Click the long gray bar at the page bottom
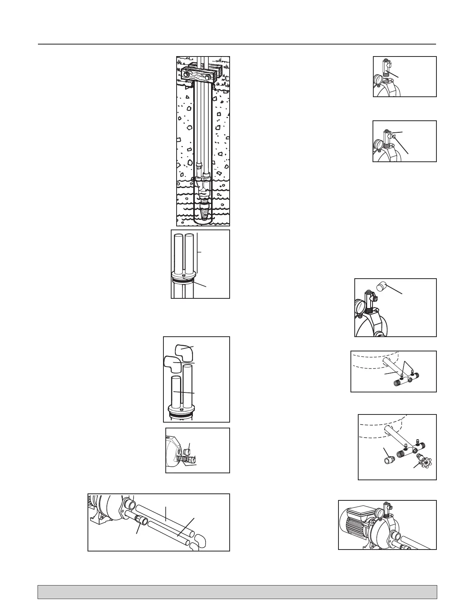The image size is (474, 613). pyautogui.click(x=237, y=592)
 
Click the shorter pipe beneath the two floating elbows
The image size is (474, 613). pyautogui.click(x=176, y=391)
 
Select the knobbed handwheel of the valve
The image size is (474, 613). pyautogui.click(x=421, y=461)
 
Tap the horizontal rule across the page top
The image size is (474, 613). pyautogui.click(x=237, y=44)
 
